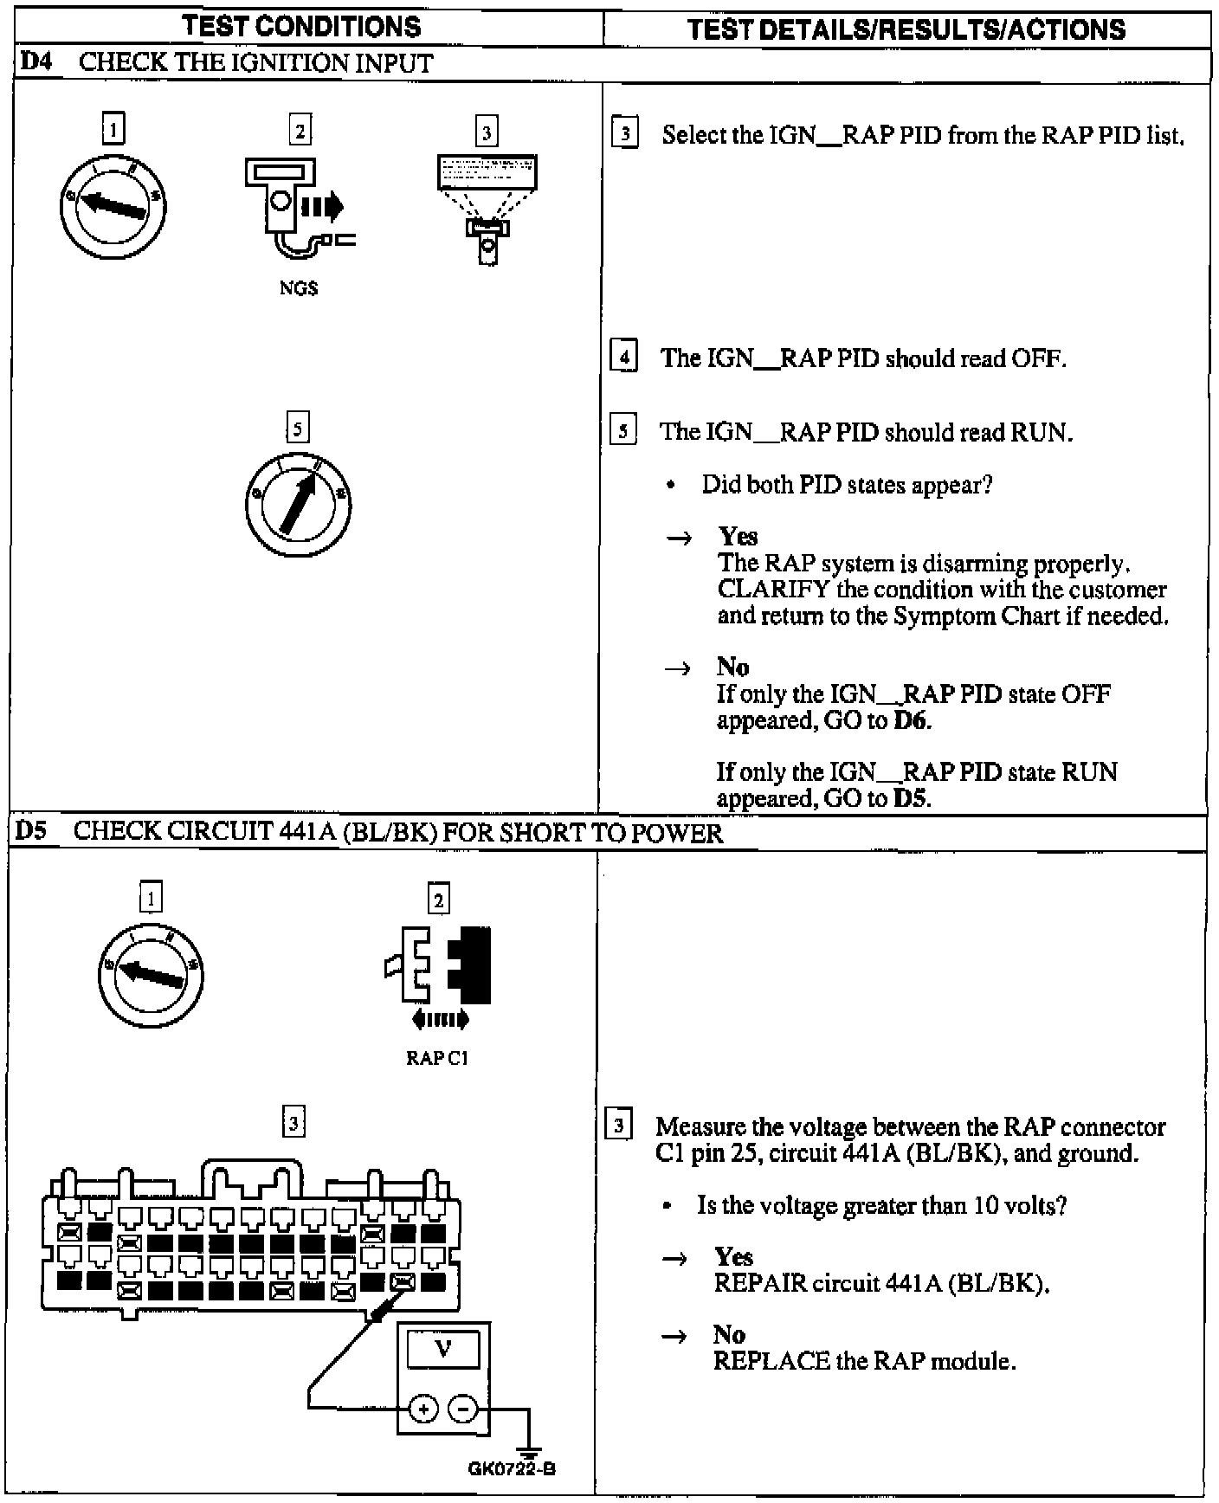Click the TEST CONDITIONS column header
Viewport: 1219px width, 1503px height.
coord(302,27)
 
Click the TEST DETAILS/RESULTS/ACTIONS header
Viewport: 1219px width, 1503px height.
coord(906,30)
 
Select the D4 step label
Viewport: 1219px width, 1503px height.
coord(35,63)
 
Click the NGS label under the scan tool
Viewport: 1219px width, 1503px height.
coord(298,289)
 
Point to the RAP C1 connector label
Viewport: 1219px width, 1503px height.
coord(437,1058)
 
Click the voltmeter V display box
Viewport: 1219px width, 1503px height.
coord(443,1349)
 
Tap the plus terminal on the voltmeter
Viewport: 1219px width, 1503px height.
coord(423,1410)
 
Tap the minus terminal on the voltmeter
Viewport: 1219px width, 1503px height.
coord(464,1410)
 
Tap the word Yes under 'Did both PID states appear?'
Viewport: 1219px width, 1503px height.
coord(738,537)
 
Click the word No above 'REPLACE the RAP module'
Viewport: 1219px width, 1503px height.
coord(729,1335)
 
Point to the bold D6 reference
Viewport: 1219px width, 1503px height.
coord(911,721)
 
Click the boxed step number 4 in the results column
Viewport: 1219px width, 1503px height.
coord(623,357)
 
